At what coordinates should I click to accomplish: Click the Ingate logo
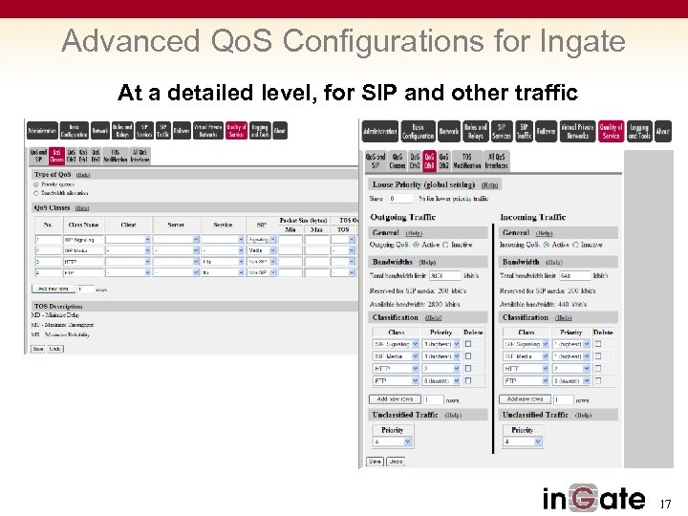(593, 498)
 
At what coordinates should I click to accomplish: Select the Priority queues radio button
(36, 184)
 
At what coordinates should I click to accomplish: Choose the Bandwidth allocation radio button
(36, 193)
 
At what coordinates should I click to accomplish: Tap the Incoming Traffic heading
(533, 218)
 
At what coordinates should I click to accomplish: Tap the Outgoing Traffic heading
(403, 218)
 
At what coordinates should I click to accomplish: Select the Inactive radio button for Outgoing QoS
(445, 245)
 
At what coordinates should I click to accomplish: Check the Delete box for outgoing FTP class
(468, 380)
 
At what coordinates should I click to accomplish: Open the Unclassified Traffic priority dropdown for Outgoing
(392, 442)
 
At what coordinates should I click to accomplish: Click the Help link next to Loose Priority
(490, 184)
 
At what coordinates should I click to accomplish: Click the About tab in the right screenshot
(662, 131)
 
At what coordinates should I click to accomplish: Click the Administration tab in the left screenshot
(43, 131)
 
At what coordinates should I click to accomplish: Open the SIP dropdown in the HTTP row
(261, 261)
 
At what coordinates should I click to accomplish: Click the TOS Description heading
(57, 306)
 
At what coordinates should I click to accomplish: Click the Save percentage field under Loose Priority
(400, 198)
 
